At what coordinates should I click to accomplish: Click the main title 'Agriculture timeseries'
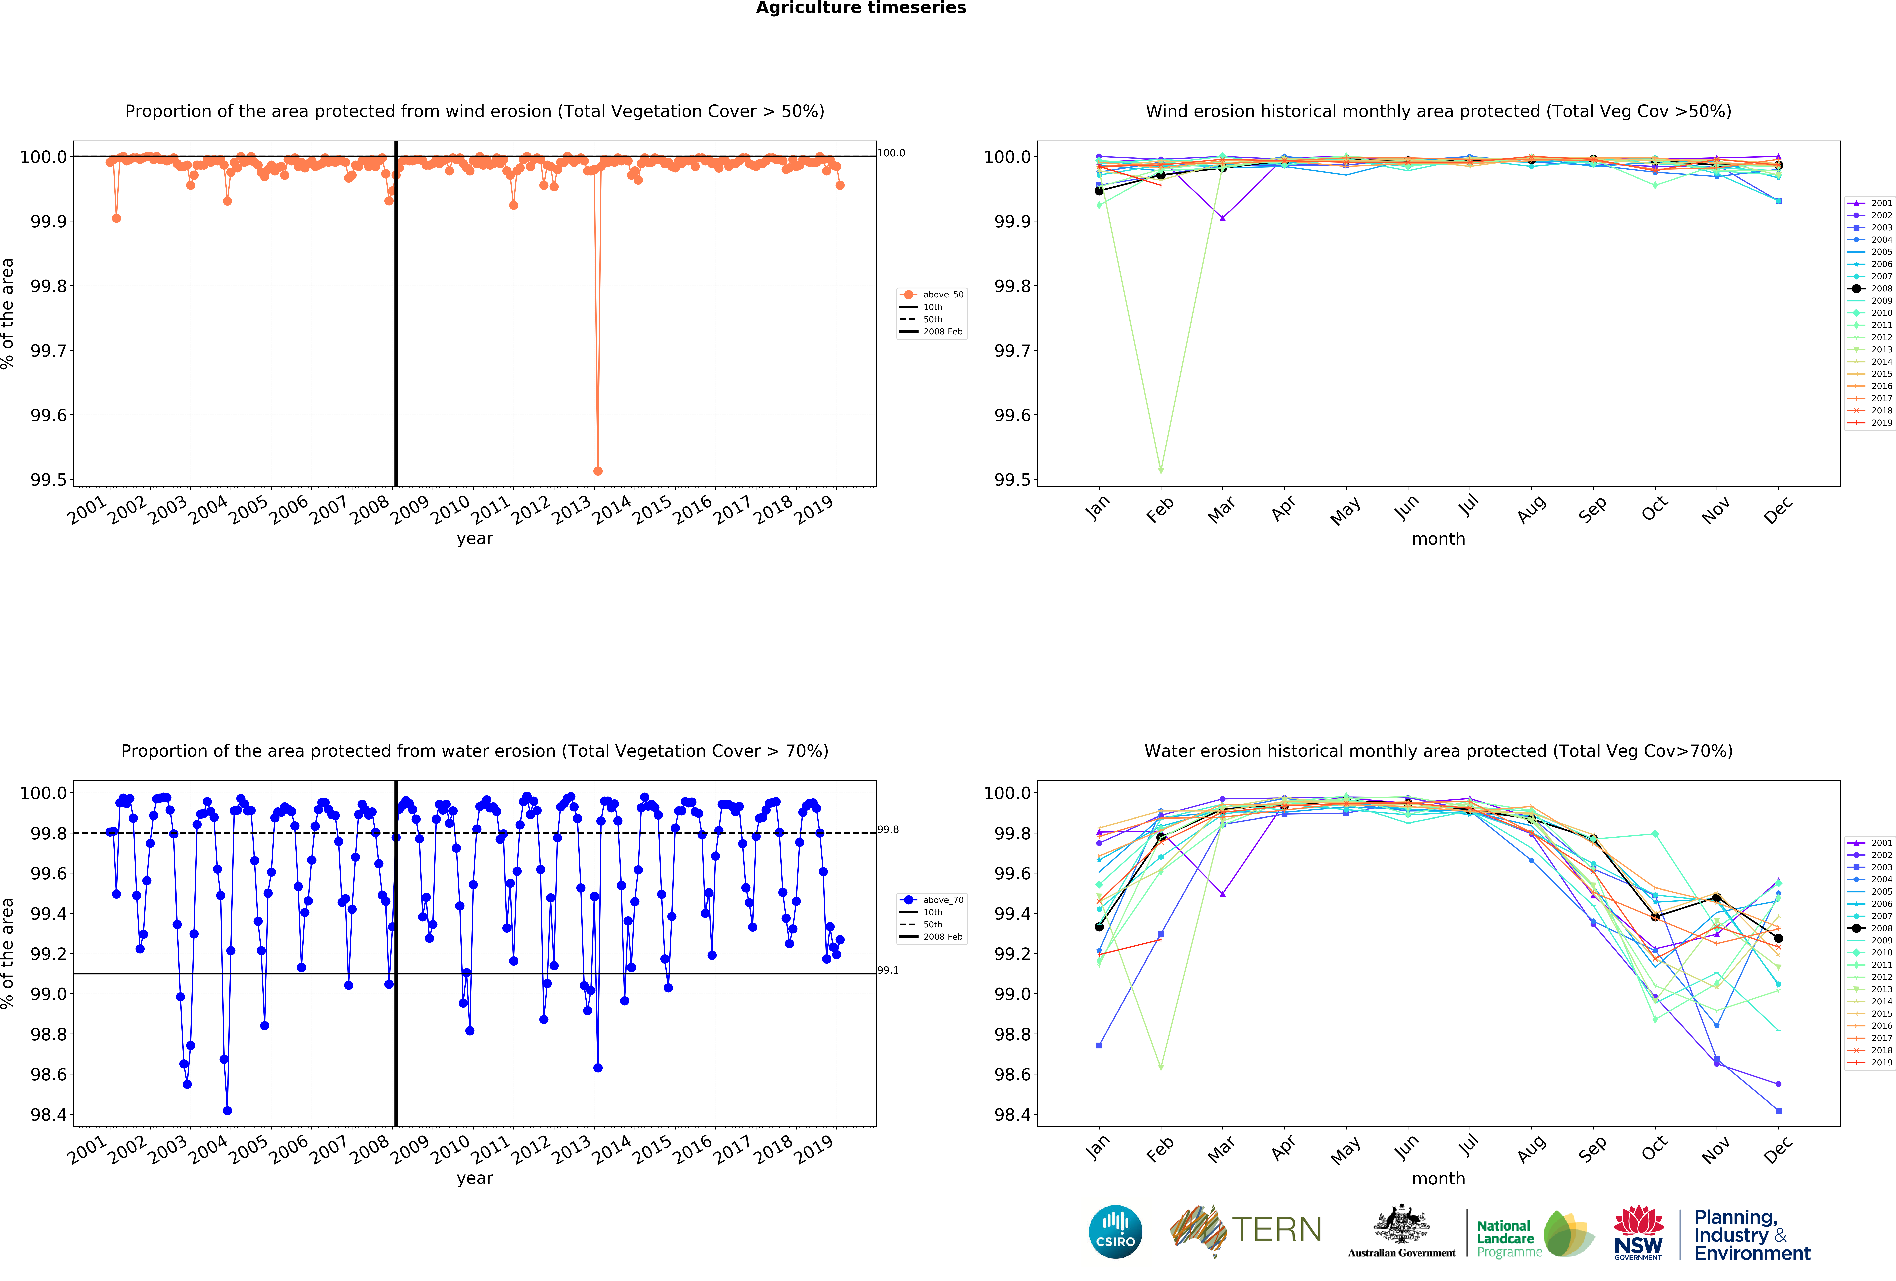(861, 8)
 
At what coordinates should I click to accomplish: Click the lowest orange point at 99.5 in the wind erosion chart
(598, 471)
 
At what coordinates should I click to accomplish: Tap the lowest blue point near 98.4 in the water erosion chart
(228, 1111)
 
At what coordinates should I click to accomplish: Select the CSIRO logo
(1115, 1232)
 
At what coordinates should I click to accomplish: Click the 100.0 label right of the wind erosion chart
(891, 153)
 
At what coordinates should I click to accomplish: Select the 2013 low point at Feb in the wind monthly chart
(1161, 471)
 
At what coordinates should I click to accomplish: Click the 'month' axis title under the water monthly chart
(1438, 1178)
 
